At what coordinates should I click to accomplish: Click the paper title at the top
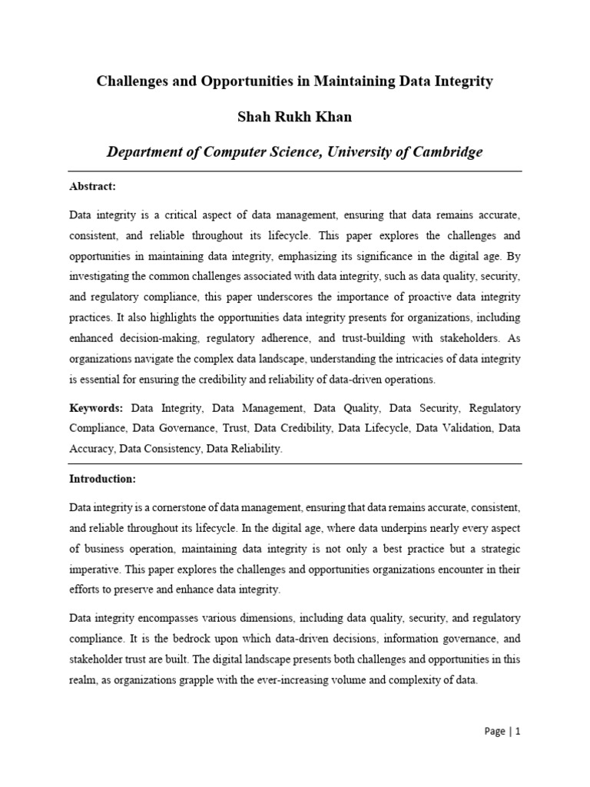(x=294, y=81)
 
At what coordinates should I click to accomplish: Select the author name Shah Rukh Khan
(x=294, y=117)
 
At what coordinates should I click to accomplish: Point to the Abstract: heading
(x=92, y=186)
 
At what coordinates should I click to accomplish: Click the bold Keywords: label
(x=96, y=408)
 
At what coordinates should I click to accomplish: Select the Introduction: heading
(x=102, y=479)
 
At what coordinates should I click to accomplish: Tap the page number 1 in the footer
(x=519, y=732)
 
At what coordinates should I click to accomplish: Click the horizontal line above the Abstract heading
(x=294, y=171)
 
